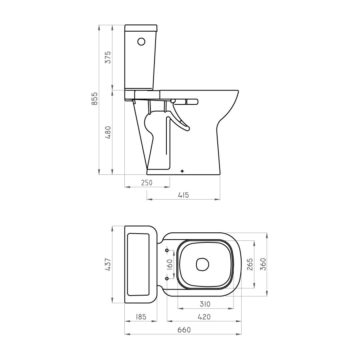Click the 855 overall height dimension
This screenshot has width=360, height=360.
tap(95, 99)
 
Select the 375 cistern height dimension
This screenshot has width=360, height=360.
tap(108, 57)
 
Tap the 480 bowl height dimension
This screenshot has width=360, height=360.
tap(108, 132)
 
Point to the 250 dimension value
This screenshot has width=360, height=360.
tap(147, 183)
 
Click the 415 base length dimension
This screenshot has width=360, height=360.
tap(183, 195)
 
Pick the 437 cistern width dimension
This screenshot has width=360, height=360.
tap(108, 264)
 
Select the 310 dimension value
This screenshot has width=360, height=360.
tap(205, 304)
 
